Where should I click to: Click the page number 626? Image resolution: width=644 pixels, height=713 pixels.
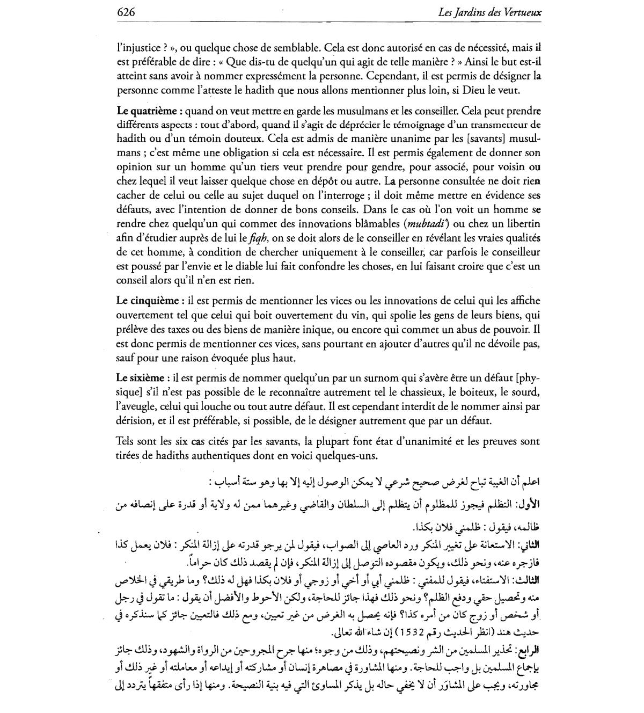pyautogui.click(x=125, y=12)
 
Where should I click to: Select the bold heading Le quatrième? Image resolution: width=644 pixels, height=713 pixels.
pyautogui.click(x=147, y=111)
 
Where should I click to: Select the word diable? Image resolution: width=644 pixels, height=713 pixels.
pyautogui.click(x=252, y=266)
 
